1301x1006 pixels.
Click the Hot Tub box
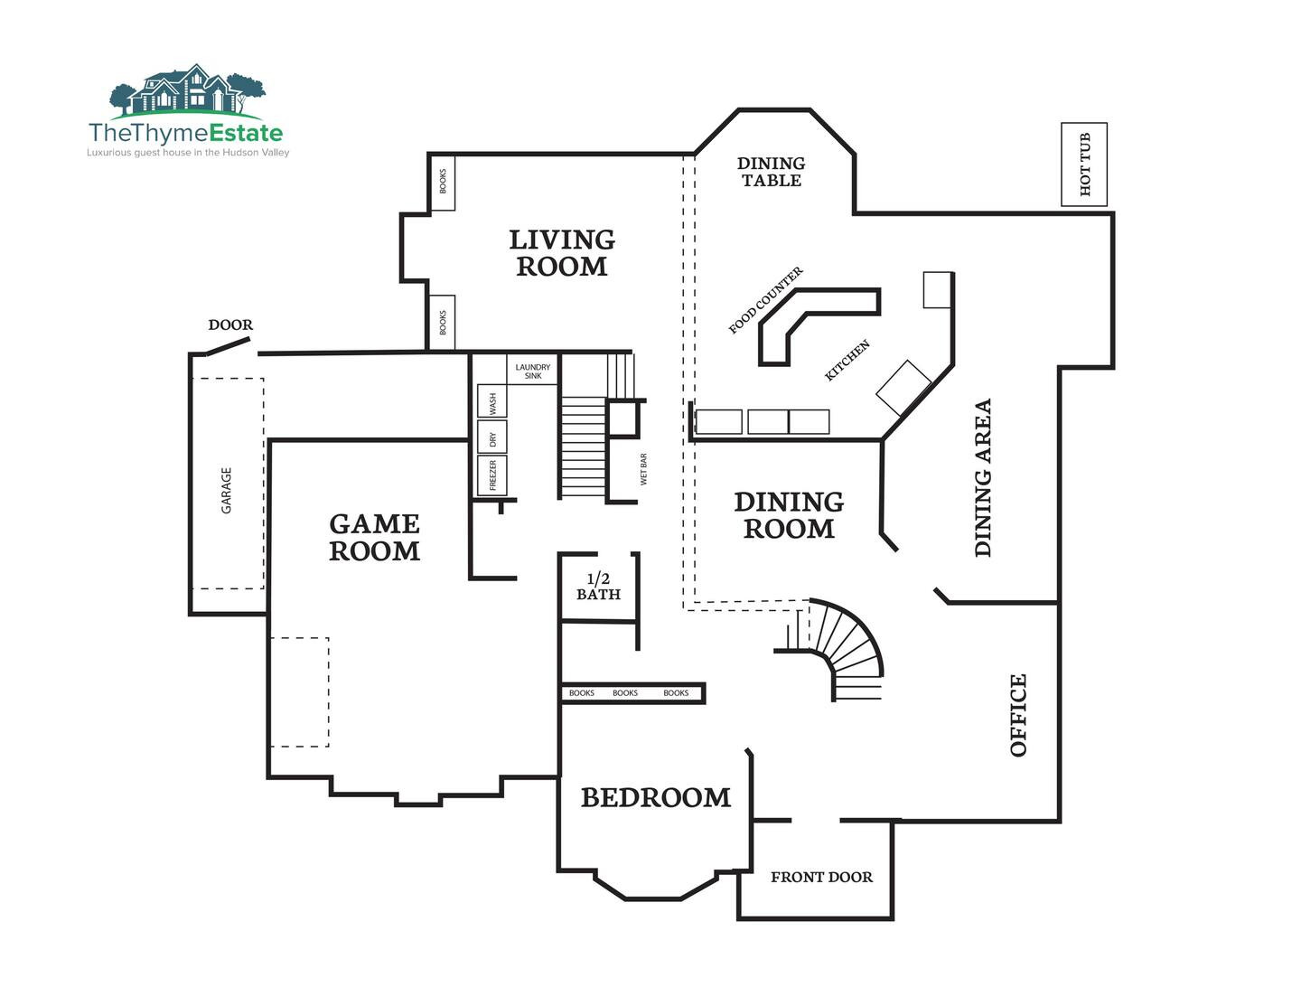[1083, 165]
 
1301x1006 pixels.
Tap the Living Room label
[562, 253]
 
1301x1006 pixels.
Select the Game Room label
[375, 537]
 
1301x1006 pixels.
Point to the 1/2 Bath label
[598, 587]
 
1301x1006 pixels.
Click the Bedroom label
[656, 797]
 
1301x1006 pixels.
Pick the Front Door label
[821, 878]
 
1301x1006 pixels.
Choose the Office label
[1018, 716]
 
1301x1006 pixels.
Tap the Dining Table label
[772, 172]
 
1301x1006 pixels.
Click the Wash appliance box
[492, 400]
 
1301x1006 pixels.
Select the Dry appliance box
[492, 437]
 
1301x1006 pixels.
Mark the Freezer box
[492, 475]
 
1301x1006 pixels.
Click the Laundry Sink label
[532, 371]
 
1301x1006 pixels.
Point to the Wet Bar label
[643, 469]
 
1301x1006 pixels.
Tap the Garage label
[226, 491]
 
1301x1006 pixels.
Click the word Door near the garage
[230, 324]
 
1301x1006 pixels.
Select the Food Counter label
[765, 300]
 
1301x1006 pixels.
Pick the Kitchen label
[847, 361]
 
